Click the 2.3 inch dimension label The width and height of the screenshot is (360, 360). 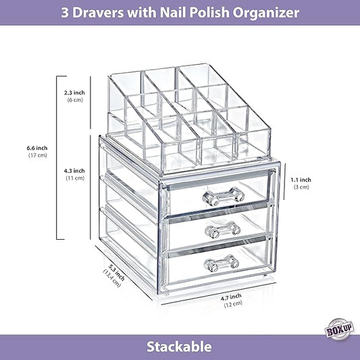75,92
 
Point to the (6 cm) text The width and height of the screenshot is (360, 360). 75,100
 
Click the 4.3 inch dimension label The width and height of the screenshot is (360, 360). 75,171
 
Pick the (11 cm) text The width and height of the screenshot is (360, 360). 75,179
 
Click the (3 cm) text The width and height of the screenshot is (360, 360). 301,187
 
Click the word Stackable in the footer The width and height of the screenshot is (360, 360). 180,347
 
